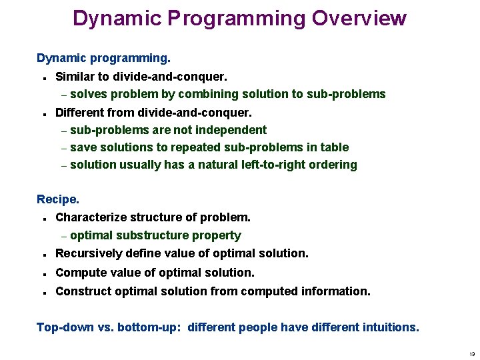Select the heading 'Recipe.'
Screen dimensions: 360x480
click(x=58, y=199)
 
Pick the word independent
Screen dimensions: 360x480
click(x=231, y=130)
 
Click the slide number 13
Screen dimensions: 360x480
click(x=471, y=353)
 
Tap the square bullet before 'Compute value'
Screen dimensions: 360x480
click(x=43, y=273)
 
